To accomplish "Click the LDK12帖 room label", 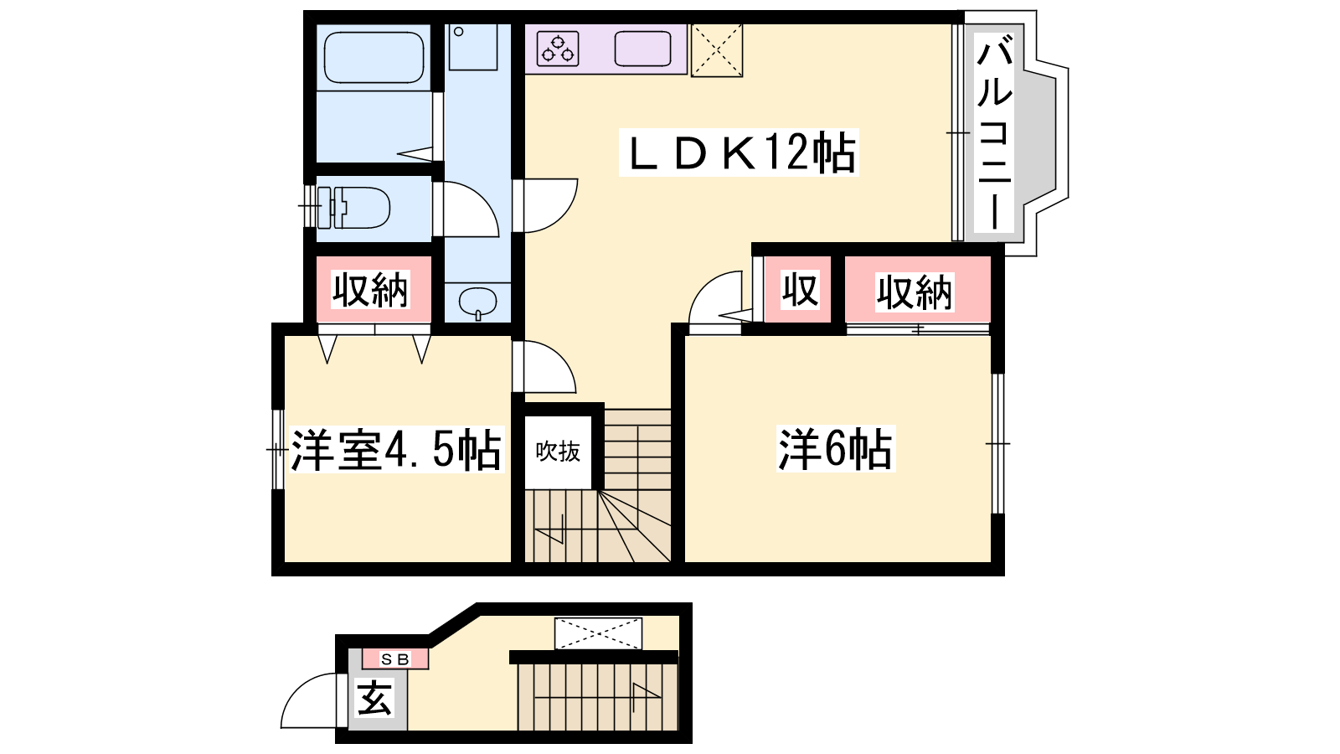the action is tap(739, 152).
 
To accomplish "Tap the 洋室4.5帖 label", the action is tap(396, 449).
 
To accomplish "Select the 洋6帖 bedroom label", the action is tap(835, 448).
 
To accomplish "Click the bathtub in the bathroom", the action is tap(374, 58).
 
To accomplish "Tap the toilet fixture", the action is tap(353, 208).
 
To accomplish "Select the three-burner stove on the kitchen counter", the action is tap(558, 49).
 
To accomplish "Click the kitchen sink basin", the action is tap(642, 49).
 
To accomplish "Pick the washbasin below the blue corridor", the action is tap(477, 302).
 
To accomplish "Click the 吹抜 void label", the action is tap(558, 452).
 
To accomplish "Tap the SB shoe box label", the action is tap(395, 659).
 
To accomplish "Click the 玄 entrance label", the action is tap(374, 699).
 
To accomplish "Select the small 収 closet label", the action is tap(800, 290).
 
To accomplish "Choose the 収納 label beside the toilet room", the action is tap(370, 290).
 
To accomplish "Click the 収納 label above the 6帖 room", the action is tap(914, 292).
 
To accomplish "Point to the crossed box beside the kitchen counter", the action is tap(717, 50).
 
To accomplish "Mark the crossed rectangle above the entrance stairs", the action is tap(598, 633).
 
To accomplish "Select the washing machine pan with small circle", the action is tap(472, 47).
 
